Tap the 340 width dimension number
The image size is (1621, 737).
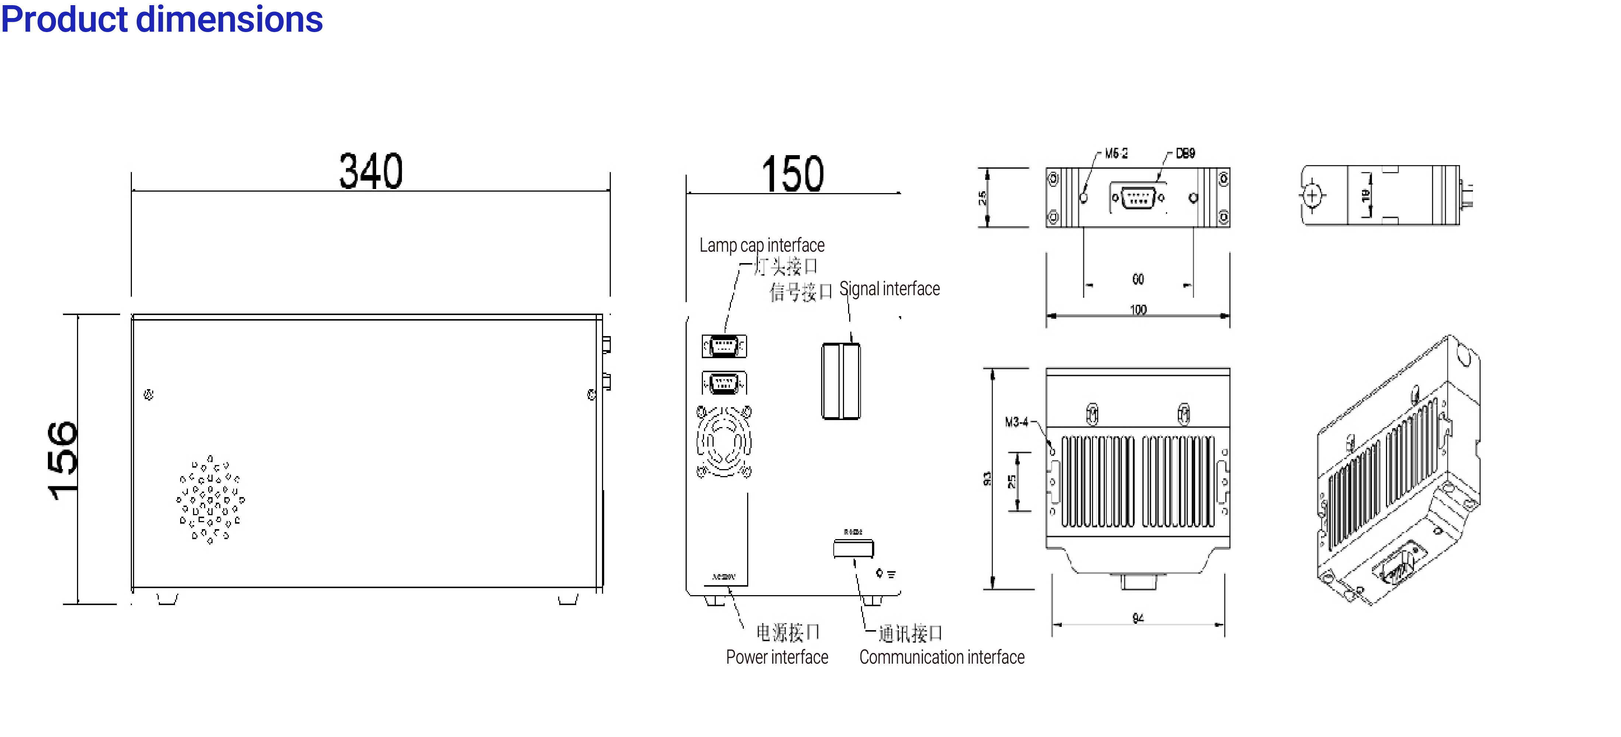pyautogui.click(x=371, y=171)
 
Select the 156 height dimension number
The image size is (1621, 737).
pyautogui.click(x=63, y=461)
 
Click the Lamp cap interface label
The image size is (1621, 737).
pyautogui.click(x=762, y=245)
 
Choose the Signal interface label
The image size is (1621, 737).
pyautogui.click(x=889, y=289)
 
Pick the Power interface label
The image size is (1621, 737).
pyautogui.click(x=777, y=657)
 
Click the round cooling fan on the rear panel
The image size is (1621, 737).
pyautogui.click(x=724, y=441)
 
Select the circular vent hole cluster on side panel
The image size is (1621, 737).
pyautogui.click(x=210, y=499)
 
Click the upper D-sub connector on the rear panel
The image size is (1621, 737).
pyautogui.click(x=724, y=346)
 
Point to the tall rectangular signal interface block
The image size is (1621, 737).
pyautogui.click(x=841, y=381)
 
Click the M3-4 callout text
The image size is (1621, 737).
pyautogui.click(x=1016, y=422)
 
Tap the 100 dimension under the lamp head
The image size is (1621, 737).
pyautogui.click(x=1138, y=310)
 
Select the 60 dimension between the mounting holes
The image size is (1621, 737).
pyautogui.click(x=1138, y=279)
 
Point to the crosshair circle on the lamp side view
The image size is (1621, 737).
pyautogui.click(x=1312, y=196)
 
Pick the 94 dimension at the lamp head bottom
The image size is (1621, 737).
pyautogui.click(x=1138, y=618)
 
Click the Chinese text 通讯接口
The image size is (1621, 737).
pyautogui.click(x=910, y=633)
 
